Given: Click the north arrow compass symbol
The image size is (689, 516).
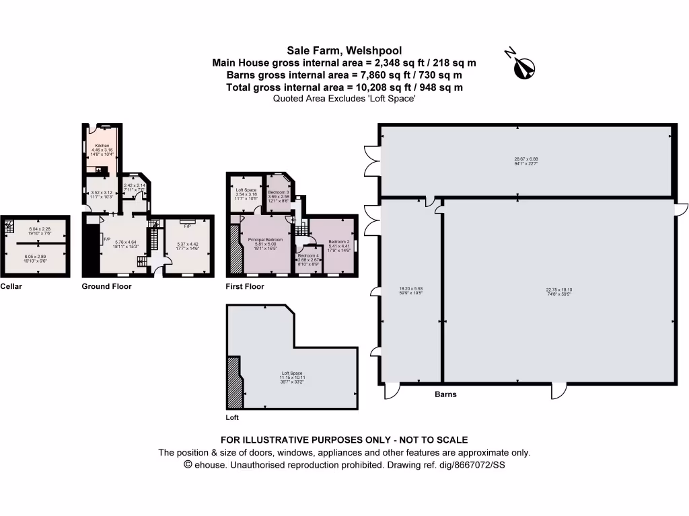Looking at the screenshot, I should tap(522, 65).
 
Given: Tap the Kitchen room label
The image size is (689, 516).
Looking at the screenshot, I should tap(102, 146).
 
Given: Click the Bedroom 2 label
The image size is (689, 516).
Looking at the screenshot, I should tap(338, 241).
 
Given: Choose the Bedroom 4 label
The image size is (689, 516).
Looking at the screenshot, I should tap(307, 256).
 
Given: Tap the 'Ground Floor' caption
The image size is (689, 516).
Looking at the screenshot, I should tap(106, 286).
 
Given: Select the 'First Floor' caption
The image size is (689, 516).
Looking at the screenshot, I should tap(245, 286).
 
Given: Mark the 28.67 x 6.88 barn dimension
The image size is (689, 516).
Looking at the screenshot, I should tap(526, 159).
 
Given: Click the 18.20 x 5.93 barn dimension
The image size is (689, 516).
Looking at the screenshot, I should tap(410, 290).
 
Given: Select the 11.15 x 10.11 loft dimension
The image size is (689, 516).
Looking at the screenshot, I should tap(292, 378).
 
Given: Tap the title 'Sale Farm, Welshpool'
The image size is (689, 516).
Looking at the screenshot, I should tap(344, 50).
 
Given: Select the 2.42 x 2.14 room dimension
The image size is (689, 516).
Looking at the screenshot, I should tap(135, 185).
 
